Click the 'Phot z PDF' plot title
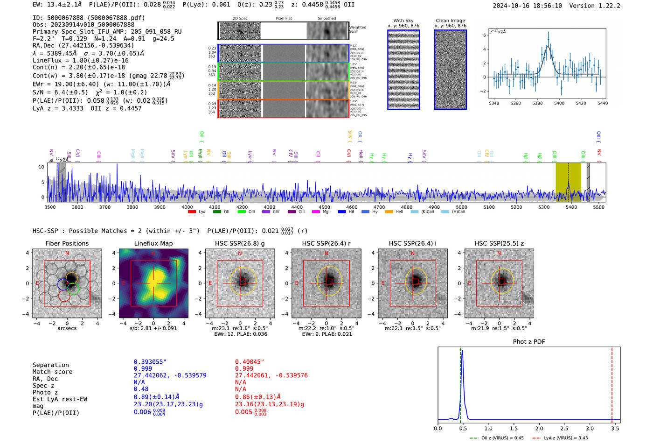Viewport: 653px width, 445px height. (x=529, y=342)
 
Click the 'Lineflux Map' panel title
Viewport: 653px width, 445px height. (x=153, y=243)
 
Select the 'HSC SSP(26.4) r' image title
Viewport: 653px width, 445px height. (x=326, y=243)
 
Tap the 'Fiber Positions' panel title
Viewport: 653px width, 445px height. (x=67, y=243)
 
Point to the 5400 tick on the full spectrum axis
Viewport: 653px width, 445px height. (x=571, y=207)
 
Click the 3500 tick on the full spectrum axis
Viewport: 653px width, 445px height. (x=50, y=207)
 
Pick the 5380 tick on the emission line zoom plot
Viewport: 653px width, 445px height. (x=537, y=103)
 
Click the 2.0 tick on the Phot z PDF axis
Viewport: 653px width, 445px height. (x=539, y=428)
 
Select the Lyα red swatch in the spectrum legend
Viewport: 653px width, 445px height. (x=192, y=212)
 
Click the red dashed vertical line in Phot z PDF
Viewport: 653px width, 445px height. (x=612, y=383)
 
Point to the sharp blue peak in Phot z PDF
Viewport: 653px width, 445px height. (x=462, y=351)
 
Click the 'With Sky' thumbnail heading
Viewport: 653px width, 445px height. (x=403, y=21)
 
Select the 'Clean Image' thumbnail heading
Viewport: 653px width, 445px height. (x=451, y=21)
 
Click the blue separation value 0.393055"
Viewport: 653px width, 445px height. (x=150, y=362)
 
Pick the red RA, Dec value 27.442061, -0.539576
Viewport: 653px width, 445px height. (x=271, y=375)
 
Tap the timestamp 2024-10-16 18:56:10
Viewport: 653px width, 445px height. (x=527, y=6)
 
